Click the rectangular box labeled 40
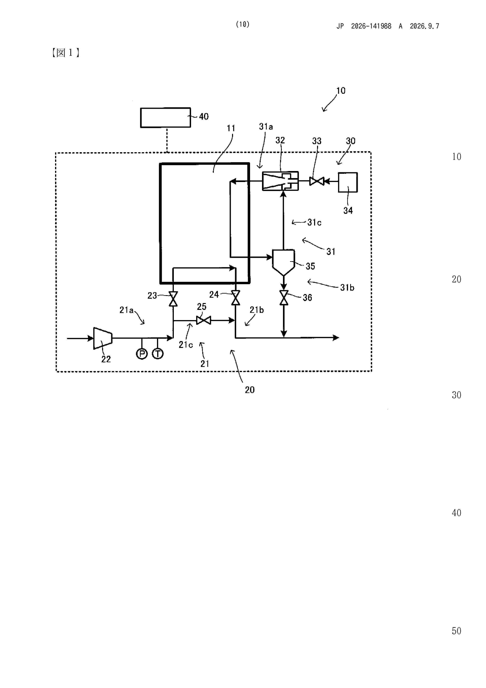coord(166,117)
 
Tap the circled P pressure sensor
coord(142,354)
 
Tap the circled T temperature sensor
coord(158,354)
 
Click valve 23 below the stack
coord(173,299)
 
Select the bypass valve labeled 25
coord(204,320)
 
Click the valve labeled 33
coord(317,181)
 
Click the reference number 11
coord(231,128)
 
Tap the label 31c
coord(314,222)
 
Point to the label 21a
coord(126,310)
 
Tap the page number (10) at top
coord(243,24)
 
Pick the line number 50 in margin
coord(456,631)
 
